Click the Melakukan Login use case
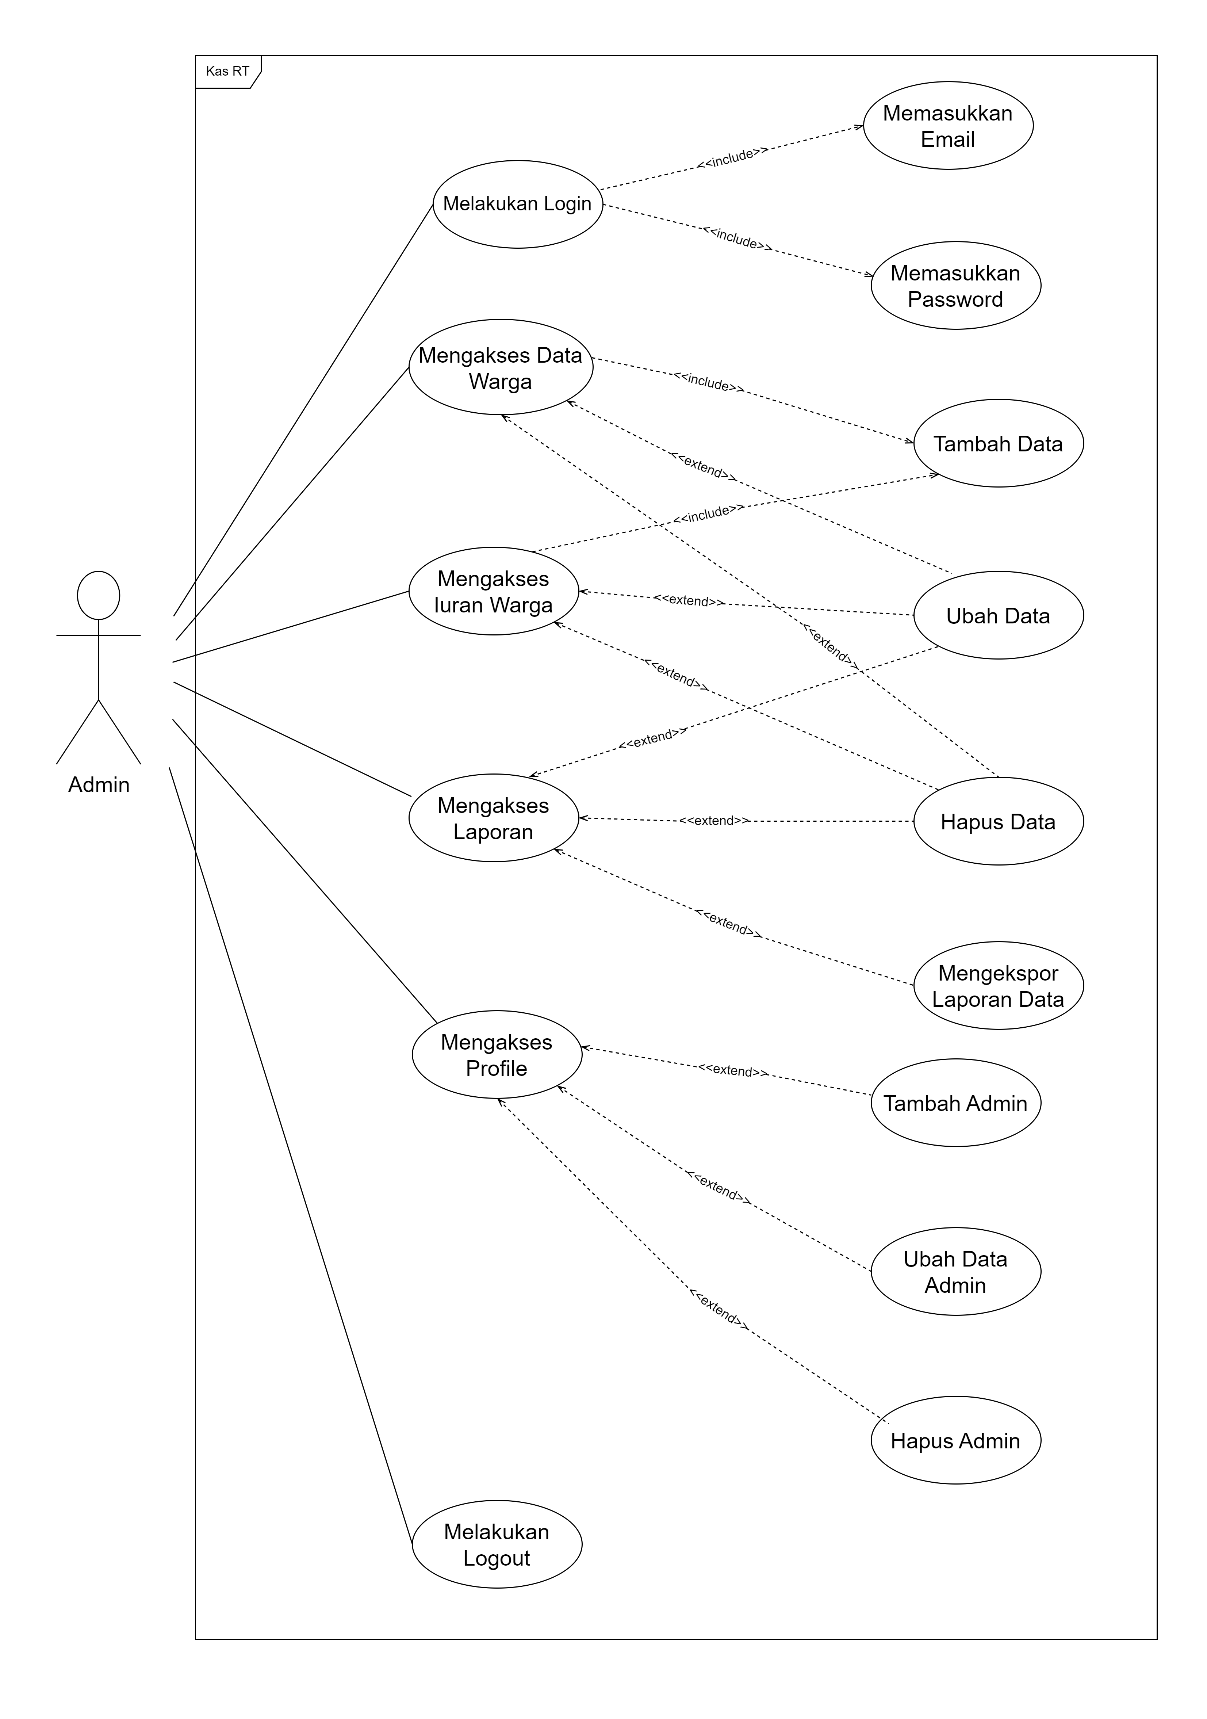pos(517,204)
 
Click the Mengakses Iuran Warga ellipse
pos(493,592)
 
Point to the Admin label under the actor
pos(99,784)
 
